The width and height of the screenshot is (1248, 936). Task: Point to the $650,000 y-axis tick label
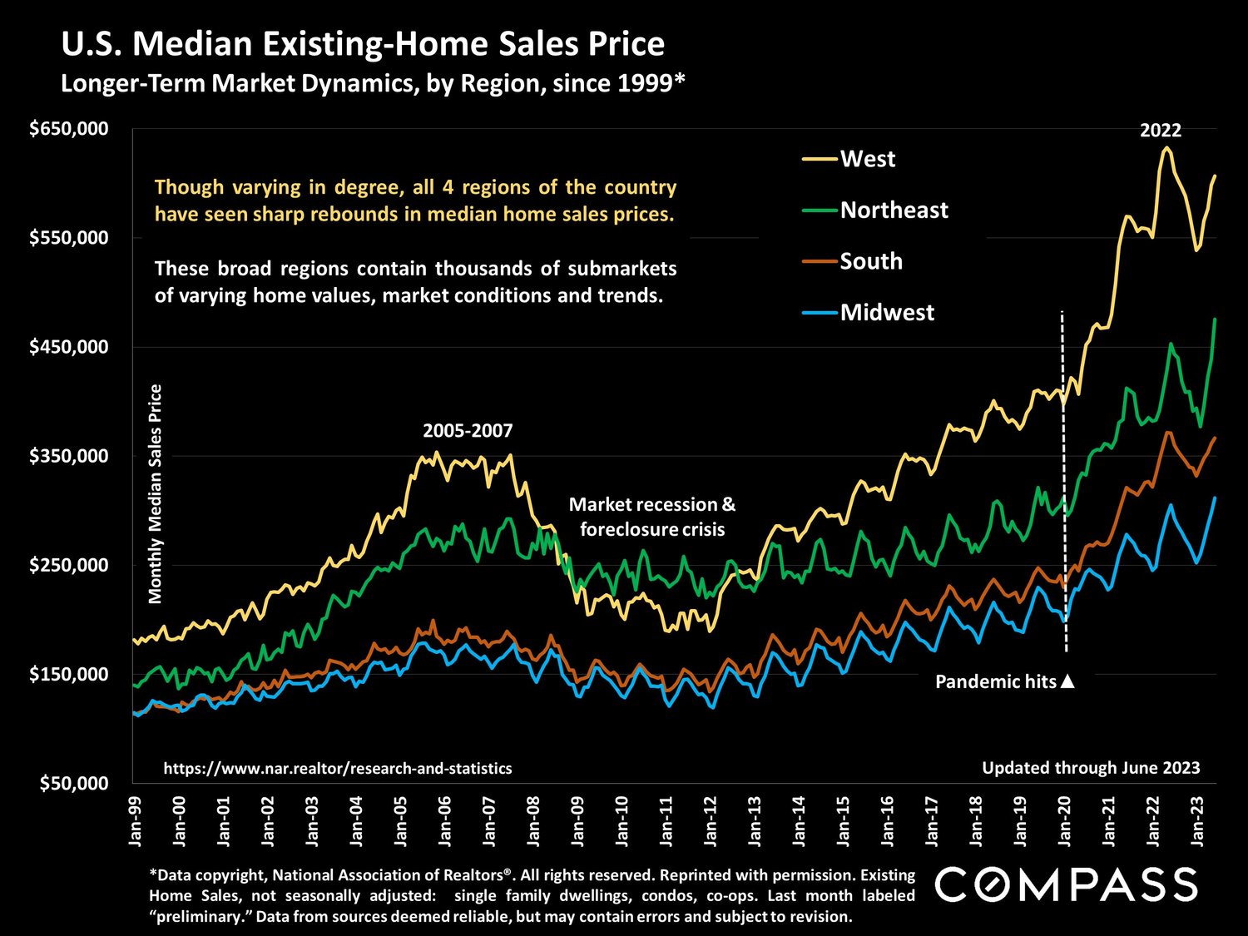pos(69,129)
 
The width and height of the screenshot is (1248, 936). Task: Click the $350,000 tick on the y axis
pos(69,456)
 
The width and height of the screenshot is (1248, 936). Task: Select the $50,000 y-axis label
pos(75,783)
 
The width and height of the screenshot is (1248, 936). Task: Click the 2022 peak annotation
pos(1160,131)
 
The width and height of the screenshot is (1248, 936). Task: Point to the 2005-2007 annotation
pos(468,431)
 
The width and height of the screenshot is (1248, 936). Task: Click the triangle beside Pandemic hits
pos(1068,681)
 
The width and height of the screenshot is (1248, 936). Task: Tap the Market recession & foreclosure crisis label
pos(652,517)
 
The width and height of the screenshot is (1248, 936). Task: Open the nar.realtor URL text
pos(338,769)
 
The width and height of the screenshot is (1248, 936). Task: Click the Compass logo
pos(1066,884)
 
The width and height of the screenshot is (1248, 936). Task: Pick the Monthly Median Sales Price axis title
pos(156,493)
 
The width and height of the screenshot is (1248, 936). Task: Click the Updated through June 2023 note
pos(1091,768)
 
